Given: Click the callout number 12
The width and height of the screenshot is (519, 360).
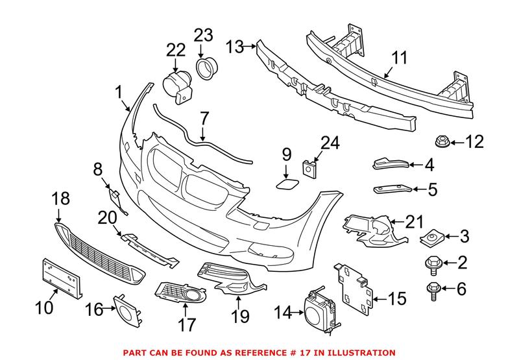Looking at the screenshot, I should pyautogui.click(x=475, y=141).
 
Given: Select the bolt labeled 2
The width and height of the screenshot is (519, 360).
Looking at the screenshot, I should pyautogui.click(x=431, y=262).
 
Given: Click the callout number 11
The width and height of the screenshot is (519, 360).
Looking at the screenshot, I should pyautogui.click(x=399, y=60).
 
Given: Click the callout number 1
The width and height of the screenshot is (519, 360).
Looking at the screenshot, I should pyautogui.click(x=119, y=93).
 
